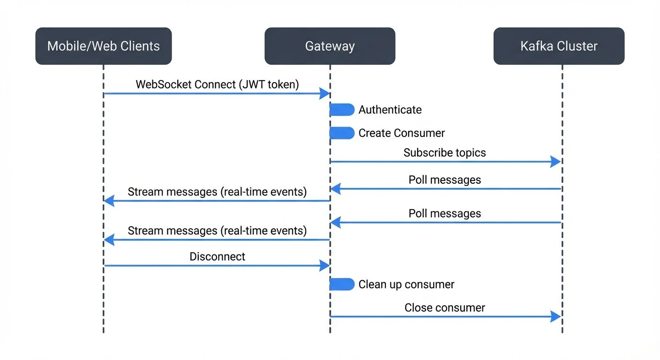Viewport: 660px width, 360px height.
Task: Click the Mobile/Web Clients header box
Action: pyautogui.click(x=104, y=46)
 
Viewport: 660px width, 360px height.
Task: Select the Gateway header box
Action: pyautogui.click(x=330, y=46)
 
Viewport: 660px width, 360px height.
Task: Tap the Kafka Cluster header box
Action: pyautogui.click(x=559, y=46)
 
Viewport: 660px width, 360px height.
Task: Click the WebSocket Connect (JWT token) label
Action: pyautogui.click(x=217, y=84)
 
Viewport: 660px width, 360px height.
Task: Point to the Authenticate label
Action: pyautogui.click(x=390, y=110)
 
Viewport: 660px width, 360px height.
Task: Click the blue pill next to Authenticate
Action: pyautogui.click(x=342, y=110)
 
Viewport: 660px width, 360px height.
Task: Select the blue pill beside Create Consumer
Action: pyautogui.click(x=342, y=133)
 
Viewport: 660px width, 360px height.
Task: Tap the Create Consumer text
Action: pyautogui.click(x=401, y=133)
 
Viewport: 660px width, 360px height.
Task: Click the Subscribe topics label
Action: pyautogui.click(x=444, y=153)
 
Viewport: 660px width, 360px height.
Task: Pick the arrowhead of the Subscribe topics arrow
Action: pyautogui.click(x=556, y=162)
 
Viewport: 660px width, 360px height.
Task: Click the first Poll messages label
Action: pyautogui.click(x=444, y=180)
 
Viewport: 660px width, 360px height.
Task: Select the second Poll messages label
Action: pyautogui.click(x=444, y=214)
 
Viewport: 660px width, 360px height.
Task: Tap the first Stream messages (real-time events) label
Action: pyautogui.click(x=217, y=192)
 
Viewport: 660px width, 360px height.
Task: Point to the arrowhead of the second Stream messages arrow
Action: pyautogui.click(x=109, y=240)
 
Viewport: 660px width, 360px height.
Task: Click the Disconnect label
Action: pyautogui.click(x=217, y=257)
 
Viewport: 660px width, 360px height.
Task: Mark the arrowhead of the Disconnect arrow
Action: pyautogui.click(x=325, y=266)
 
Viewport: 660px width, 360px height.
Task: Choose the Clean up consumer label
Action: pyautogui.click(x=406, y=285)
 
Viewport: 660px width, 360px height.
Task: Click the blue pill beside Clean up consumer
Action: pyautogui.click(x=342, y=285)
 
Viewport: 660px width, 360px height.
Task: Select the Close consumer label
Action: pyautogui.click(x=444, y=308)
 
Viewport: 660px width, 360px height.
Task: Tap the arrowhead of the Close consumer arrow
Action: pyautogui.click(x=556, y=317)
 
